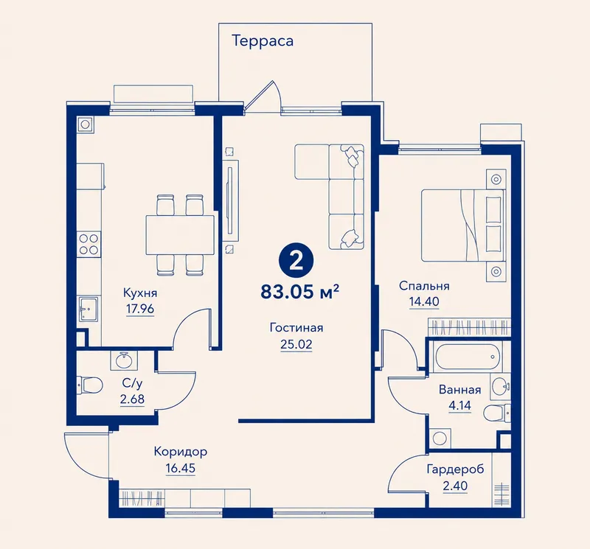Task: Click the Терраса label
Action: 263,41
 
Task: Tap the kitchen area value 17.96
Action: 140,309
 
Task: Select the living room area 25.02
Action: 296,344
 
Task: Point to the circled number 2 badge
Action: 296,261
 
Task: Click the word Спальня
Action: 424,286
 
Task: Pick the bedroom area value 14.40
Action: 424,301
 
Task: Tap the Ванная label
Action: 459,390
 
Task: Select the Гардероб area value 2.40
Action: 455,486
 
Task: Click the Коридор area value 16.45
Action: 181,469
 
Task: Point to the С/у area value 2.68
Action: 133,399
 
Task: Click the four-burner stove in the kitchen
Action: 88,244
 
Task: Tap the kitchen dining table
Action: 180,234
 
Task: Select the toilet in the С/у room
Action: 89,385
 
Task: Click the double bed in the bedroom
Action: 463,225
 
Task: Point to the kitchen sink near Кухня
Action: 88,309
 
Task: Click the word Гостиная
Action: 296,327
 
